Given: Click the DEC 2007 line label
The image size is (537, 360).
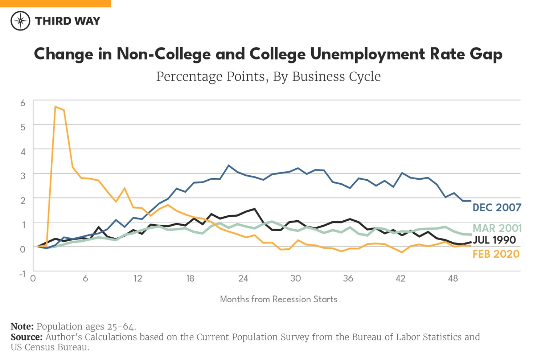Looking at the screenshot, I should coord(496,208).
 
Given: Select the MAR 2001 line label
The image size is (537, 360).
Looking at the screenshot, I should coord(497,228).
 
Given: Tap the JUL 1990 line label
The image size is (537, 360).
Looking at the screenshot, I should coord(494,240).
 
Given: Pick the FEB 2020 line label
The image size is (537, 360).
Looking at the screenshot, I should coord(496,254).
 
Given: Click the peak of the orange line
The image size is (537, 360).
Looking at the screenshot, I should coord(56,106).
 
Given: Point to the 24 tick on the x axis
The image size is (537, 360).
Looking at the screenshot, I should coord(243,278).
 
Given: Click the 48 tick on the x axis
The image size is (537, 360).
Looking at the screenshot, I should coord(452,278).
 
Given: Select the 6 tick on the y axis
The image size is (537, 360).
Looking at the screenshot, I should coord(23,103).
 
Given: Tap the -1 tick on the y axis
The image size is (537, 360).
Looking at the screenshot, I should coord(22,274).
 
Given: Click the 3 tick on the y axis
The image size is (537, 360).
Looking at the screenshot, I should coord(23,176).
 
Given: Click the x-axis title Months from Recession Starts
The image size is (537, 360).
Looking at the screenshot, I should coord(278,299).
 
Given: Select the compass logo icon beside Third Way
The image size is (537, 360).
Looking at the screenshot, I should coord(20,21).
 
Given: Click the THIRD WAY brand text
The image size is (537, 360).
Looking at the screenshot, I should coord(67,21).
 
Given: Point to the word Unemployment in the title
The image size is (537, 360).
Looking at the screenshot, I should coord(367,54).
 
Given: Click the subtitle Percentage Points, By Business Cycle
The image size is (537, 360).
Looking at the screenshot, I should coord(268,77).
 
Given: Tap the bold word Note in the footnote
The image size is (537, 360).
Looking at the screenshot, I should coord(22,327).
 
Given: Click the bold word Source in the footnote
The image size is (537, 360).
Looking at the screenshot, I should coord(26,337).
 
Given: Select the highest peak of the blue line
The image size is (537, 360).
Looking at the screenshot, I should coord(229,165).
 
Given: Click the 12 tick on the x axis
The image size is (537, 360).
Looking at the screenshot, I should coord(138,278).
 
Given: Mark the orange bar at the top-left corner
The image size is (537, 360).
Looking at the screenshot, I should coord(55,3).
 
